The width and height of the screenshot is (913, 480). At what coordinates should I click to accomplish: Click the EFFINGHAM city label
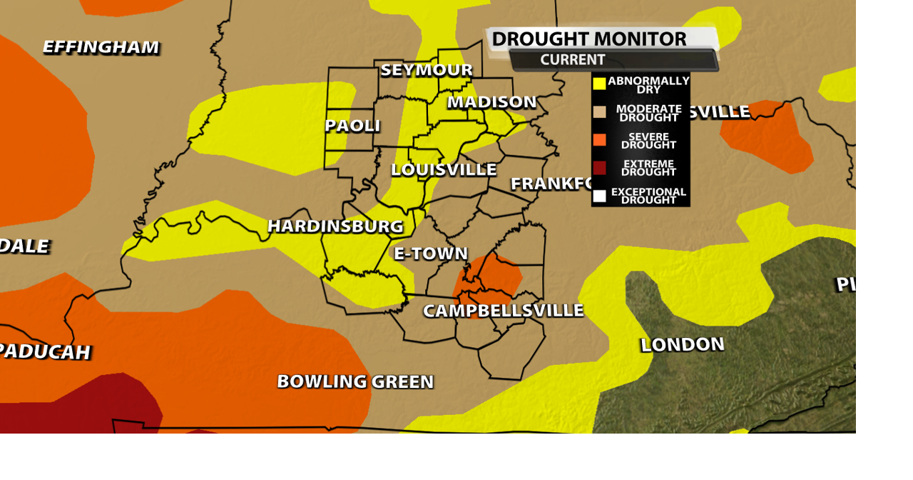[x=101, y=47]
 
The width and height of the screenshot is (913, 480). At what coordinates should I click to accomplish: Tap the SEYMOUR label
[x=427, y=70]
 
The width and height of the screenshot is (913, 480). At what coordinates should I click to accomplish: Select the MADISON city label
[x=491, y=102]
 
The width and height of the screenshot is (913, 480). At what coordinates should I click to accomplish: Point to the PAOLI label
[x=352, y=126]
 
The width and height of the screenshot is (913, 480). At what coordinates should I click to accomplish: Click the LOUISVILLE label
[x=444, y=170]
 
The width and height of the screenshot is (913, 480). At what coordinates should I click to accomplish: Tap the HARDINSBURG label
[x=335, y=226]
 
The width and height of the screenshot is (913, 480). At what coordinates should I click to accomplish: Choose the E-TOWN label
[x=431, y=254]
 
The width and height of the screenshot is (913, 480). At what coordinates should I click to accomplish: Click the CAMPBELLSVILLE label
[x=503, y=311]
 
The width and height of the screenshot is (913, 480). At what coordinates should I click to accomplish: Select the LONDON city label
[x=682, y=345]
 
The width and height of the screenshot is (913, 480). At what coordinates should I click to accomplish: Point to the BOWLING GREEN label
[x=355, y=381]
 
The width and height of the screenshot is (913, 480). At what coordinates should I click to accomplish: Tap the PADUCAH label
[x=44, y=352]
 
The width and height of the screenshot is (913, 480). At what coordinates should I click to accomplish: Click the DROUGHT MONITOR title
[x=589, y=39]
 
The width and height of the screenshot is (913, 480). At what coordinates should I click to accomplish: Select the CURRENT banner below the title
[x=573, y=60]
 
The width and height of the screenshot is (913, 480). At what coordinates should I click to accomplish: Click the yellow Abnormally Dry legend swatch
[x=599, y=84]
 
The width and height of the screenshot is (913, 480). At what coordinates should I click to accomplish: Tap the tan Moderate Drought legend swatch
[x=599, y=112]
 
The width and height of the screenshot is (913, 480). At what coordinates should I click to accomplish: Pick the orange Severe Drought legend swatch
[x=599, y=140]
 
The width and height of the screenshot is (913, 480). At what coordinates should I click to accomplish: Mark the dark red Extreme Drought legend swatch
[x=599, y=168]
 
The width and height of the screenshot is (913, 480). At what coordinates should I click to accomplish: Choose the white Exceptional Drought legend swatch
[x=599, y=195]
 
